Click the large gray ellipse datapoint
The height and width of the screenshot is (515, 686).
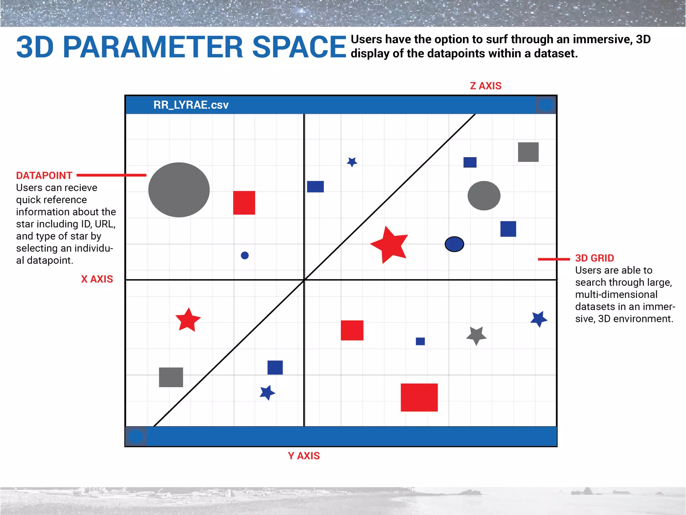pyautogui.click(x=179, y=190)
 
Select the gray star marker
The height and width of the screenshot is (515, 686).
pyautogui.click(x=476, y=335)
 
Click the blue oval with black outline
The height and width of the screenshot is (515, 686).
pyautogui.click(x=454, y=244)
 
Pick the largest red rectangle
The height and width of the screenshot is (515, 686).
pyautogui.click(x=419, y=397)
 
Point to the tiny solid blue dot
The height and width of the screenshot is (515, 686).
pyautogui.click(x=245, y=255)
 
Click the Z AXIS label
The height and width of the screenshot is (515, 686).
pyautogui.click(x=485, y=86)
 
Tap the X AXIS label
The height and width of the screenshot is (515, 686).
pyautogui.click(x=97, y=279)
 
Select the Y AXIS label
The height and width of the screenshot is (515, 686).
pyautogui.click(x=304, y=456)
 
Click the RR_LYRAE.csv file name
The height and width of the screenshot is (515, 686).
pyautogui.click(x=191, y=105)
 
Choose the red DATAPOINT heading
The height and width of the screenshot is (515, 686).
pyautogui.click(x=44, y=175)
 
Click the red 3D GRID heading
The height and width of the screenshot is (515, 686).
pyautogui.click(x=595, y=258)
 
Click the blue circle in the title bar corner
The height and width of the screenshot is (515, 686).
pyautogui.click(x=546, y=105)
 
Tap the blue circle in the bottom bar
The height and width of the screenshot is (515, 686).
pyautogui.click(x=136, y=437)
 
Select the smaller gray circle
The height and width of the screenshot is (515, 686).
pyautogui.click(x=484, y=196)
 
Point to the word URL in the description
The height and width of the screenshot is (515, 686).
pyautogui.click(x=105, y=224)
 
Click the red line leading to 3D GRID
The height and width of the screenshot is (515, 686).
pyautogui.click(x=554, y=259)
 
